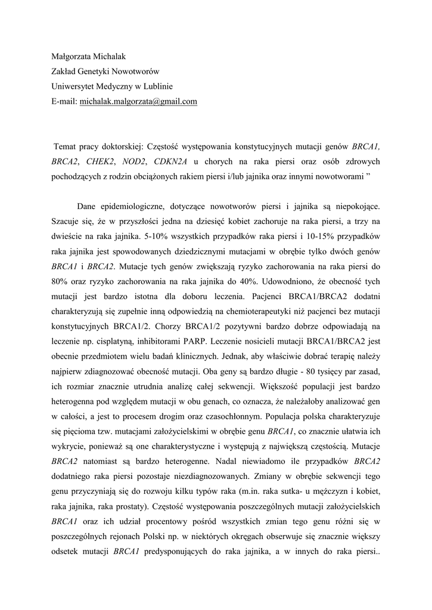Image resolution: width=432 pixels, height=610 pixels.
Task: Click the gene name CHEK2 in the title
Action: tap(99, 161)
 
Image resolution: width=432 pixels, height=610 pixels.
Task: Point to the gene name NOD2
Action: tap(134, 161)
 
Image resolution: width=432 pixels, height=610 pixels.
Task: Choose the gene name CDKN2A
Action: tap(171, 161)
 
